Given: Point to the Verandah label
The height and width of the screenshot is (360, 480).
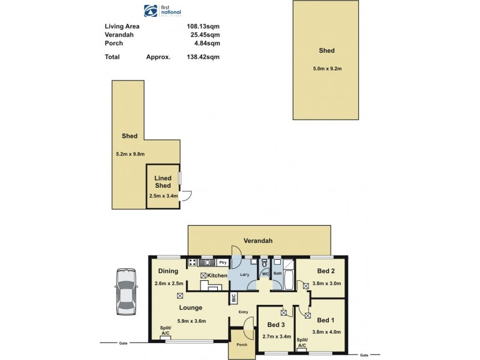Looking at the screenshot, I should point(258,241).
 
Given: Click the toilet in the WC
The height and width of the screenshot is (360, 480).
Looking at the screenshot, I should point(264,263).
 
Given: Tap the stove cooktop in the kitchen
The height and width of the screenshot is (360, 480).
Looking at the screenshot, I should point(193,262).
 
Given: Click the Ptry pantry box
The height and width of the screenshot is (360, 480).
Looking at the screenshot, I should point(222,262).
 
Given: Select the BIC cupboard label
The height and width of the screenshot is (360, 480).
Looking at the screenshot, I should point(233,298).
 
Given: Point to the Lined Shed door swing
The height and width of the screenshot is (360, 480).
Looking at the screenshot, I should point(187,196).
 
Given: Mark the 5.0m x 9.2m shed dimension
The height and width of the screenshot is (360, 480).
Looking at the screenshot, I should point(327,68).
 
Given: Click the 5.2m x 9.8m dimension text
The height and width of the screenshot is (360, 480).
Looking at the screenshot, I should point(130,154).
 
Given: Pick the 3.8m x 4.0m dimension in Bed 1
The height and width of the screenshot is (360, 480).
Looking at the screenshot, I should point(328,332).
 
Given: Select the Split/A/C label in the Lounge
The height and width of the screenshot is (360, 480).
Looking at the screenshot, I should point(166,331).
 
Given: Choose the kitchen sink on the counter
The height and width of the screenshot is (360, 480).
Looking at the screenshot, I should point(208,262).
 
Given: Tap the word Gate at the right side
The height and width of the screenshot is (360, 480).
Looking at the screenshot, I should point(364,355).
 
